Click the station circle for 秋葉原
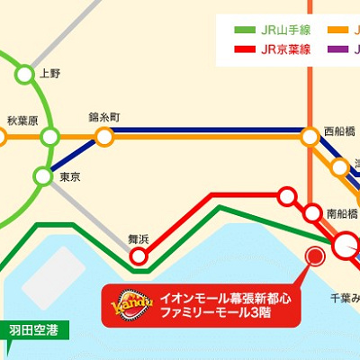click(49, 137)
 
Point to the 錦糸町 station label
click(104, 118)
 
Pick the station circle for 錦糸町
click(104, 137)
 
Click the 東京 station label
click(70, 178)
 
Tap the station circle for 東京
click(43, 175)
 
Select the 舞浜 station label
click(138, 238)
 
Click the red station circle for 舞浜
click(139, 257)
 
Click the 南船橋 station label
click(342, 213)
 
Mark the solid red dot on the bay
click(315, 256)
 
